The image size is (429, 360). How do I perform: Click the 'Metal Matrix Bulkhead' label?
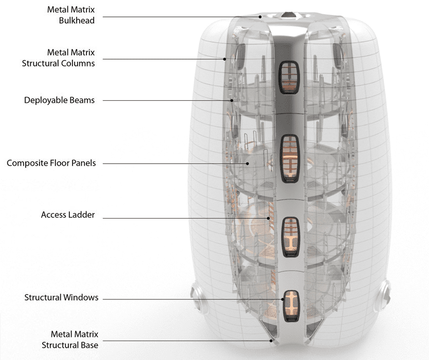click(x=73, y=15)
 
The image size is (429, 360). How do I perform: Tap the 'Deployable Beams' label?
click(x=60, y=100)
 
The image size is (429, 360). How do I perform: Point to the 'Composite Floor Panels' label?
click(x=51, y=163)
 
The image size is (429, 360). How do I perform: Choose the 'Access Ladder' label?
click(x=68, y=215)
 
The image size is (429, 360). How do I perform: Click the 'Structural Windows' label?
click(x=61, y=298)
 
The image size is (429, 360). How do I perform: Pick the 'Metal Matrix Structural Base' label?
click(x=70, y=340)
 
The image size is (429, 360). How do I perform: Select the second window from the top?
click(x=290, y=159)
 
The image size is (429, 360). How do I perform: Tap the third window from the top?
click(x=291, y=233)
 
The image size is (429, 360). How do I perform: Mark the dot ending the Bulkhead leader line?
click(x=260, y=17)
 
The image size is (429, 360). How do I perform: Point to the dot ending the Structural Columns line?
click(x=225, y=59)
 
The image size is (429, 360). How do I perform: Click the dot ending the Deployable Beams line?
click(x=232, y=101)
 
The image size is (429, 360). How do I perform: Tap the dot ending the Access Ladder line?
click(x=268, y=219)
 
